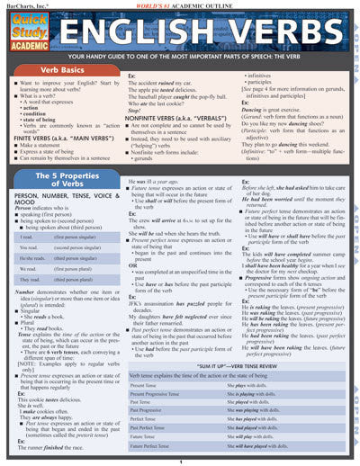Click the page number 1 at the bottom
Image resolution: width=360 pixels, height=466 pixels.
click(180, 461)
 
